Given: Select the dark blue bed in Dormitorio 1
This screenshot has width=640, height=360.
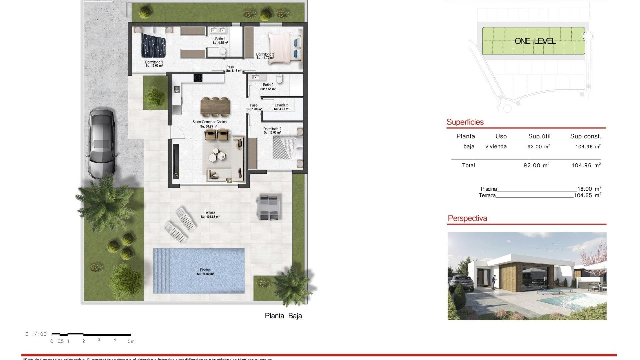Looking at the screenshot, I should point(153,46).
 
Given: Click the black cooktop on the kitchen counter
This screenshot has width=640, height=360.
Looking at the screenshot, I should point(198,78).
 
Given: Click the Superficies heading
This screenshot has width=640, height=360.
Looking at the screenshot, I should point(465,122).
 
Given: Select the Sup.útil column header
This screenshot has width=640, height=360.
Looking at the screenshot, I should point(539,136).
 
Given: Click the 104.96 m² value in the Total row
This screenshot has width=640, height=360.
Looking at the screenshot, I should point(586,165).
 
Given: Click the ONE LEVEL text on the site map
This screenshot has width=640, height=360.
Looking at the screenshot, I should point(535,41).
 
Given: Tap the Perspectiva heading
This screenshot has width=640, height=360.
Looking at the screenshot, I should point(467,218).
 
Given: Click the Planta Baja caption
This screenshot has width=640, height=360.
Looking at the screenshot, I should point(283,316).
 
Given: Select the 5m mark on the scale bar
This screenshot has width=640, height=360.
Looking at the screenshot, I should point(131,341).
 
